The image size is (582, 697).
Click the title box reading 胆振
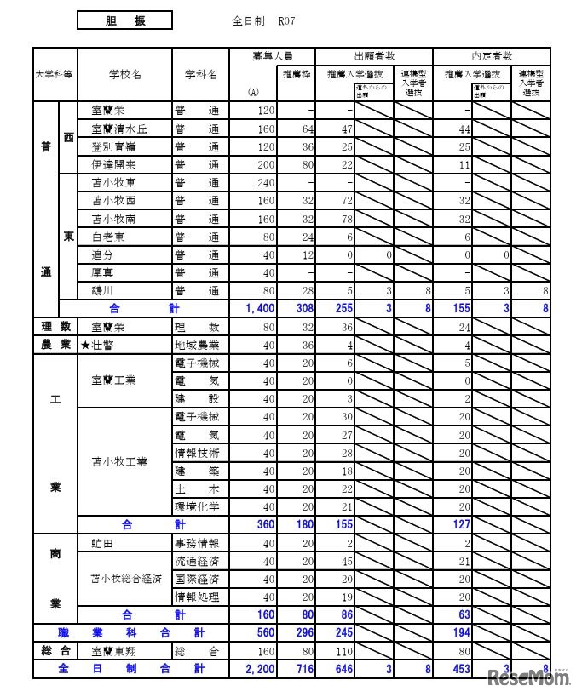click(124, 20)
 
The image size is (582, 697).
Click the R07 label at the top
click(285, 21)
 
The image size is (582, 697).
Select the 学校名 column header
click(124, 74)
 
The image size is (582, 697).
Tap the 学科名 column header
click(201, 74)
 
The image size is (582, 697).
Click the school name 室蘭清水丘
click(119, 129)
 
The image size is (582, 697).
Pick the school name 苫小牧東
click(114, 183)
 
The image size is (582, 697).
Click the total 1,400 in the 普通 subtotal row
click(259, 309)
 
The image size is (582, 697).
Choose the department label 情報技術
click(197, 453)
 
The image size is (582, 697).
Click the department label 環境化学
click(197, 506)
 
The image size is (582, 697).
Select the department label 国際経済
click(197, 579)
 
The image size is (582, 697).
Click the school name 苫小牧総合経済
click(124, 579)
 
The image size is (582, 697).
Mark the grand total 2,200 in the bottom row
click(259, 669)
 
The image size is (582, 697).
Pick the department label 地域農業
click(197, 345)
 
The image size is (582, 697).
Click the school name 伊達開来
click(114, 164)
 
